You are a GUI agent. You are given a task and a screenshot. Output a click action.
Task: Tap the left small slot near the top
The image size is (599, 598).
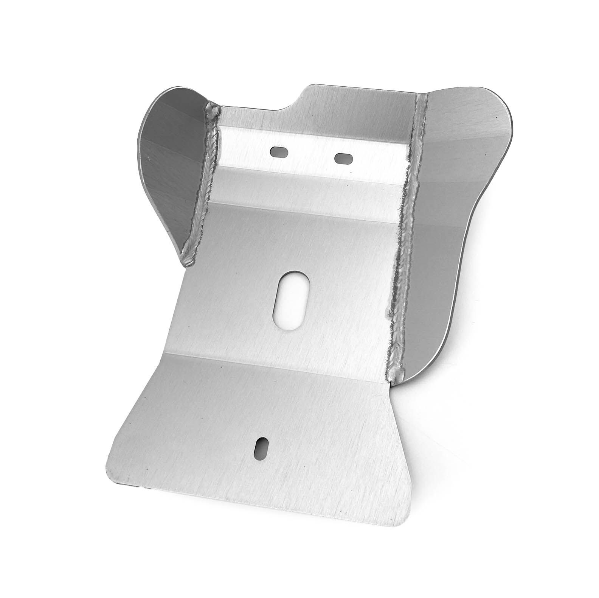(x=279, y=152)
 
